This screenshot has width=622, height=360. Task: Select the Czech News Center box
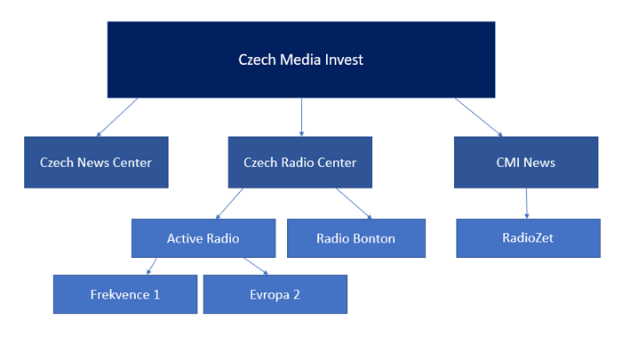click(96, 162)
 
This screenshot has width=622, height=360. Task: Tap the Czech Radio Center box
click(300, 162)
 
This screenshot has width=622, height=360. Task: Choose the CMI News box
click(526, 162)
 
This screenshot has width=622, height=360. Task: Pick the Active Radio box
click(203, 238)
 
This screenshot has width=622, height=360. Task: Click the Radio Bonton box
click(356, 238)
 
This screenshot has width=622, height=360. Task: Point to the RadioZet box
click(528, 238)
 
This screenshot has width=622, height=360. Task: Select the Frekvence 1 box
click(124, 294)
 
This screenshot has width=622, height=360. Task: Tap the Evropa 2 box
click(275, 294)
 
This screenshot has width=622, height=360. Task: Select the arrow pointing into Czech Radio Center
click(302, 116)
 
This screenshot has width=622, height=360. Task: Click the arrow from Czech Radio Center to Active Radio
click(229, 204)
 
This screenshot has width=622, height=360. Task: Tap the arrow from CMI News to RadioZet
click(527, 204)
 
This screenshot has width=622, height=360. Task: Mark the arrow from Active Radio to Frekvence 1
click(151, 266)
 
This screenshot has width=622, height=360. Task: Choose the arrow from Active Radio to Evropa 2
click(254, 266)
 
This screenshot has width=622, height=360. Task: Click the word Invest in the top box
click(344, 60)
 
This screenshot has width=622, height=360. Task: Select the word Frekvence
click(119, 294)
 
